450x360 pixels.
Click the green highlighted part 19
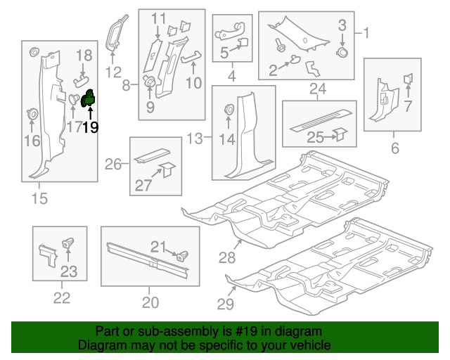[x=89, y=98]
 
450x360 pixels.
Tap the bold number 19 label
[x=90, y=127]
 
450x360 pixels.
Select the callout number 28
[x=226, y=258]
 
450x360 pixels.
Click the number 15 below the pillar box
[x=39, y=199]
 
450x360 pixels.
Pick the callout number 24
[x=318, y=89]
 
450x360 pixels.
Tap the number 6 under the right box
[x=394, y=148]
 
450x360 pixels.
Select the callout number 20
[x=150, y=303]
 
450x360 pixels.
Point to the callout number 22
[x=62, y=298]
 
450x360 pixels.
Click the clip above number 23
[x=69, y=243]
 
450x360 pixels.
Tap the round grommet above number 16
[x=32, y=114]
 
